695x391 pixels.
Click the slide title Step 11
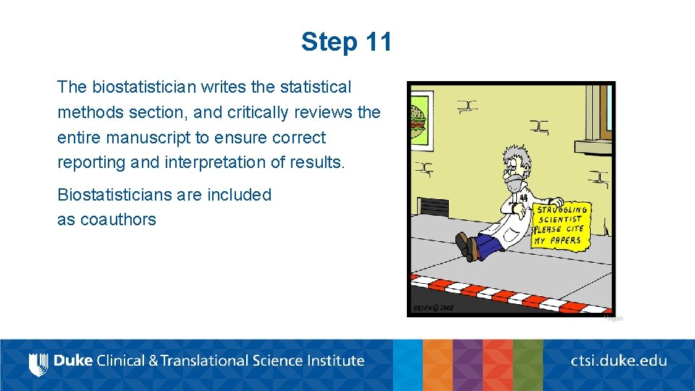(x=347, y=42)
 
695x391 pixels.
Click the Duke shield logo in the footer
(x=38, y=361)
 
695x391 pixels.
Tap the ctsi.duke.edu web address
(x=618, y=361)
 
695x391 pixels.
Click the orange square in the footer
(x=438, y=365)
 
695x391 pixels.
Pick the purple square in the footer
(x=468, y=365)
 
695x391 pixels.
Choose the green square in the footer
(x=528, y=365)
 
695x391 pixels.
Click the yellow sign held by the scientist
(x=560, y=224)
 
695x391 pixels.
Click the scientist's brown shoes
(x=467, y=246)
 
